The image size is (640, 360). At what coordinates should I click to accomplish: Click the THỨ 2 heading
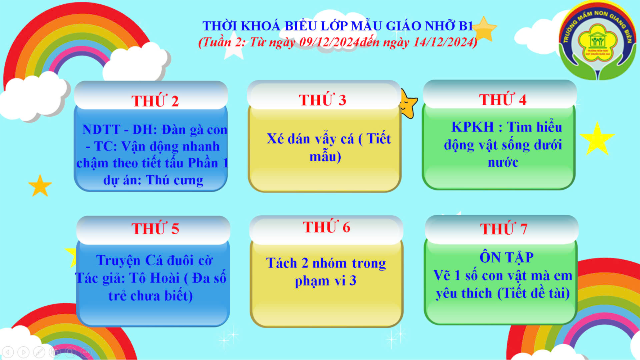(155, 100)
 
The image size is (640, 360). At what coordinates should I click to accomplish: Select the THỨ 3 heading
(323, 99)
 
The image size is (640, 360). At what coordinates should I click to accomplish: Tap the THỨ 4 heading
(503, 99)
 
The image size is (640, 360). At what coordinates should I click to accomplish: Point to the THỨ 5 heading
(155, 228)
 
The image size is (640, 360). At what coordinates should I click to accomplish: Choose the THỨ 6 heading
(327, 227)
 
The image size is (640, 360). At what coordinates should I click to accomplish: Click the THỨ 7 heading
(504, 229)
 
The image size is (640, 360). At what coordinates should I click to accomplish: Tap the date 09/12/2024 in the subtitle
(329, 42)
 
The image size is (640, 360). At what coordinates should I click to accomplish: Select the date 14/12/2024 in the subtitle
(443, 42)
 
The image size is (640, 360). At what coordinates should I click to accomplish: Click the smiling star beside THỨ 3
(409, 104)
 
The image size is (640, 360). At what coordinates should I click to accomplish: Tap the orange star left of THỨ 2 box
(40, 186)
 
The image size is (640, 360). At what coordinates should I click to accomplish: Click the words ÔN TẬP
(506, 257)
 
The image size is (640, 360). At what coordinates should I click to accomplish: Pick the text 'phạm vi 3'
(326, 281)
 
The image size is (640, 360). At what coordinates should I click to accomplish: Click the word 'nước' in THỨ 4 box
(503, 162)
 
